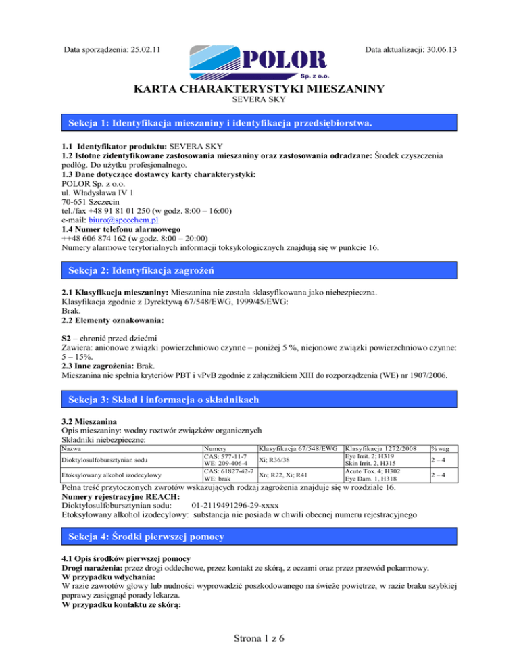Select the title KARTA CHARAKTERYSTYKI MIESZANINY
click(259, 89)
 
